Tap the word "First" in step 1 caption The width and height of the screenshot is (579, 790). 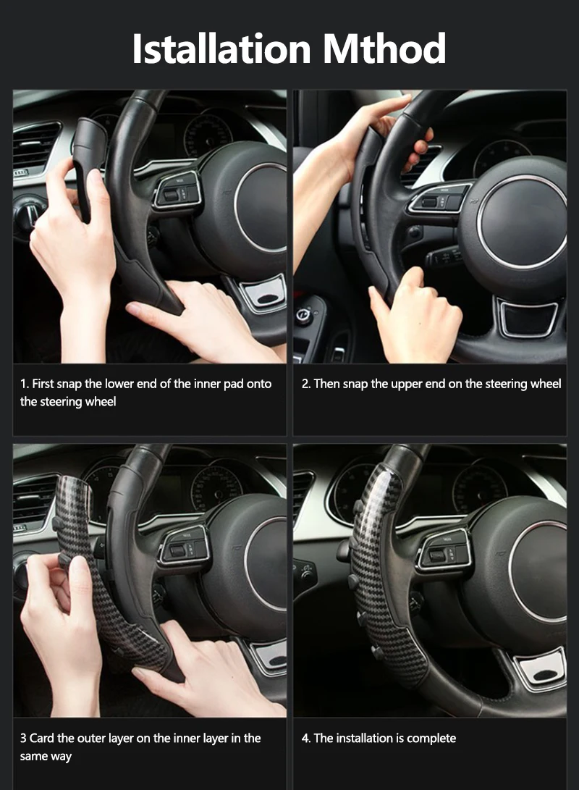pyautogui.click(x=47, y=384)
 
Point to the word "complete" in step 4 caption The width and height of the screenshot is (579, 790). pyautogui.click(x=431, y=739)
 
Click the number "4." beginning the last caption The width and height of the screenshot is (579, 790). pyautogui.click(x=306, y=739)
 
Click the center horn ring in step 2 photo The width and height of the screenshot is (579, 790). pyautogui.click(x=521, y=221)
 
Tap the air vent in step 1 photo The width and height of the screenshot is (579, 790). pyautogui.click(x=36, y=144)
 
